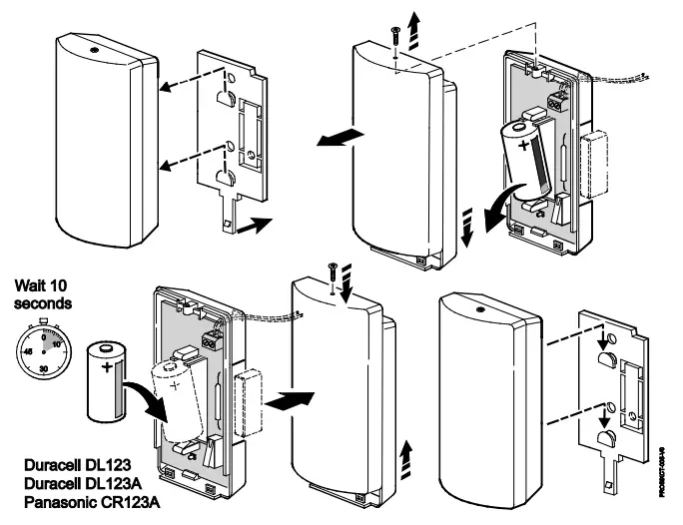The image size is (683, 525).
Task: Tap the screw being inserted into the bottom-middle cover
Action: pos(332,268)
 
